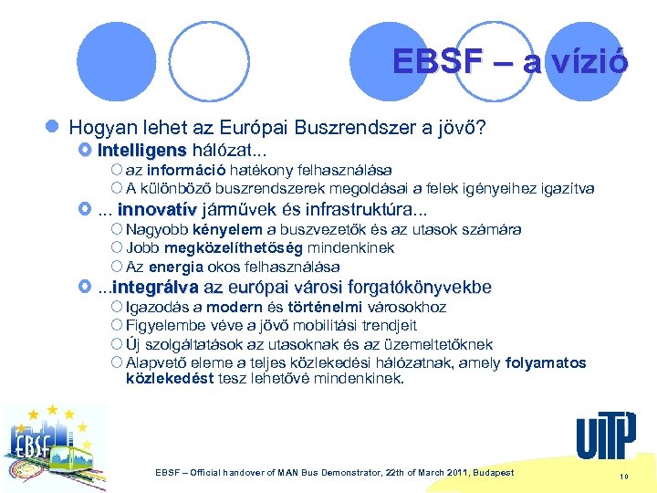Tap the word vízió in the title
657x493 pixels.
(x=589, y=61)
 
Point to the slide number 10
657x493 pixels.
(x=624, y=477)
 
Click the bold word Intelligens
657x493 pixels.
(x=141, y=149)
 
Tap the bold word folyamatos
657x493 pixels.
(x=545, y=362)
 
